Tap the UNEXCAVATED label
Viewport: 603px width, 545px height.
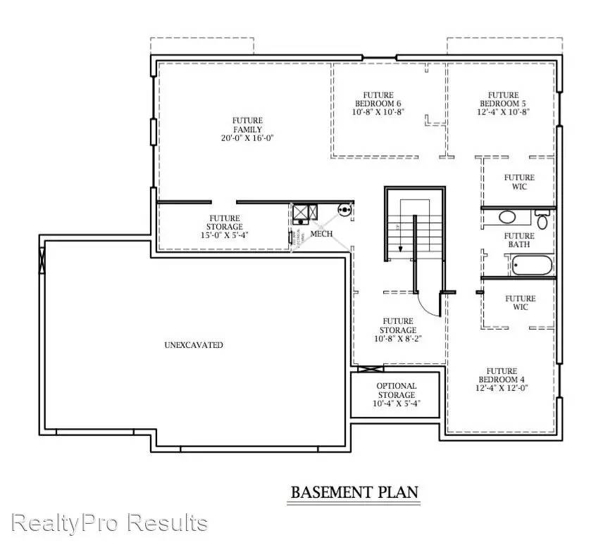pos(194,345)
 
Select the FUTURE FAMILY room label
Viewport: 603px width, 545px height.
pos(247,125)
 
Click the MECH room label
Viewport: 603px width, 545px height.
pos(321,234)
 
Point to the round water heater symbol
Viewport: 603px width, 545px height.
pos(344,209)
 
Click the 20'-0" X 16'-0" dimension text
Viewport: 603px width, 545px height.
pos(247,138)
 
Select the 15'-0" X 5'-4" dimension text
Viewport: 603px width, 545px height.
pos(224,236)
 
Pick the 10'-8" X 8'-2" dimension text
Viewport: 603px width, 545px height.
pos(398,339)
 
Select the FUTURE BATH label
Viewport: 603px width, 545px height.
pos(519,240)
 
